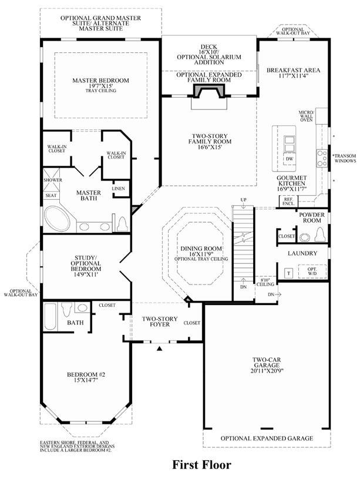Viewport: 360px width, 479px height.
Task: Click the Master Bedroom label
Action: (101, 81)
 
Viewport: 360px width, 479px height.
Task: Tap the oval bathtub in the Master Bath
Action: (58, 219)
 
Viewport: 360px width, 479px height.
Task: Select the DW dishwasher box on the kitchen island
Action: (290, 159)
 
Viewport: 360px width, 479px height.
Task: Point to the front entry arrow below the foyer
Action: (159, 347)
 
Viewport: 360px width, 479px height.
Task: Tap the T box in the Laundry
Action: (289, 273)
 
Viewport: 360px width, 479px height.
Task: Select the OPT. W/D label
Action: (312, 272)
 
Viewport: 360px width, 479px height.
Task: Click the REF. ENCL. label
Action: (288, 202)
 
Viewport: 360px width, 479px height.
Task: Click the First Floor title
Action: (202, 465)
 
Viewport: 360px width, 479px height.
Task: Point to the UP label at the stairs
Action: (243, 200)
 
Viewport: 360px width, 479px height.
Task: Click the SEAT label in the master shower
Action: (51, 196)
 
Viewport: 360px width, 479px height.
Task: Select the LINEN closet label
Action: (118, 189)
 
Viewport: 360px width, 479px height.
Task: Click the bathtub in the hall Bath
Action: (51, 316)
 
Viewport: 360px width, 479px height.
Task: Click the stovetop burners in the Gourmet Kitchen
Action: (322, 159)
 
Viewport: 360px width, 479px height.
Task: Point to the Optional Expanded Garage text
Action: (267, 438)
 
